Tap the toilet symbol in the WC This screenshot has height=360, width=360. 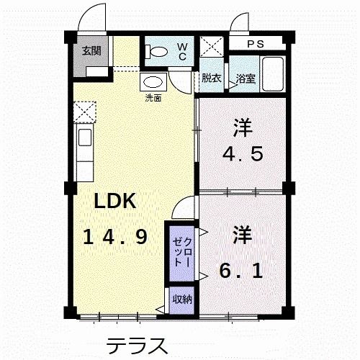[x=153, y=51]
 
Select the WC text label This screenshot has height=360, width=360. [x=181, y=50]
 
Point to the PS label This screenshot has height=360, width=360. [x=256, y=44]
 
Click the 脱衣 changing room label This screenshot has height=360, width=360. [x=211, y=78]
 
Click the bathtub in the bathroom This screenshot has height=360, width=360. [x=272, y=73]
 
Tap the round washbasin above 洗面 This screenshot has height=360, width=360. [x=153, y=81]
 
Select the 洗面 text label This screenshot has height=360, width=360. [x=153, y=97]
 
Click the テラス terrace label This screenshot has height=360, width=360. [x=137, y=345]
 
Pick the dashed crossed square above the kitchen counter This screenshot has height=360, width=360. [x=84, y=111]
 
